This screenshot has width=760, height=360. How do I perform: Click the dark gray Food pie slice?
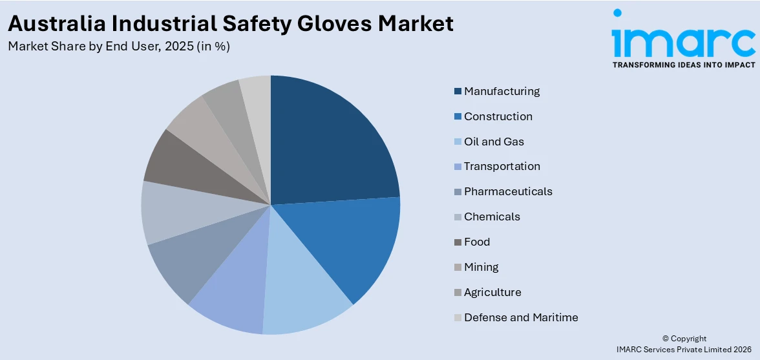[x=178, y=162]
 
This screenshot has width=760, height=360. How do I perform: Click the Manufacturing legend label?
[x=501, y=91]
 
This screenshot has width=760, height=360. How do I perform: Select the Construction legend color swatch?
[x=458, y=116]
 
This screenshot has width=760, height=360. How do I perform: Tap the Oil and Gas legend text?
[x=494, y=142]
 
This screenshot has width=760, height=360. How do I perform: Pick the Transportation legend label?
[x=501, y=166]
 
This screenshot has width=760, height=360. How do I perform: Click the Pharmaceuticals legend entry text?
[x=508, y=191]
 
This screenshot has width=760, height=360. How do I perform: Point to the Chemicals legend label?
[x=492, y=217]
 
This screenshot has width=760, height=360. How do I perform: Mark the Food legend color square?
[x=458, y=242]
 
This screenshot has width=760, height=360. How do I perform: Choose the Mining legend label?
[x=481, y=267]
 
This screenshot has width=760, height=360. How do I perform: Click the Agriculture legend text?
[x=492, y=292]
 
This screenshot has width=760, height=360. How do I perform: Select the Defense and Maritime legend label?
[x=521, y=317]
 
